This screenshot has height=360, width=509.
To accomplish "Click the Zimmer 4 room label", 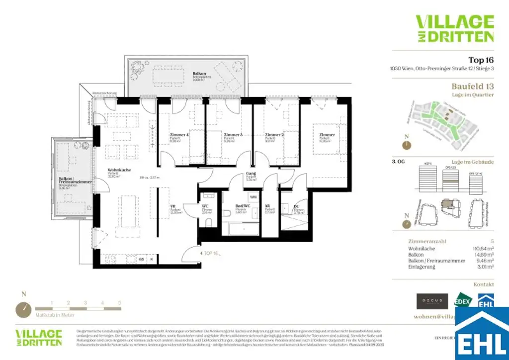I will point(178,135).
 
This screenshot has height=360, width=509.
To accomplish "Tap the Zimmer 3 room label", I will point(233,135).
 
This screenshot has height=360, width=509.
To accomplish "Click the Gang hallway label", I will point(251,174).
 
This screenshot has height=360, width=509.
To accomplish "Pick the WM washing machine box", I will point(253,197).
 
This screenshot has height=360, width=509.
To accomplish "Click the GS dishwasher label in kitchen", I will point(141,260).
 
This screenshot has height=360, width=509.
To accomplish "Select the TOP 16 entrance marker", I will point(211,253).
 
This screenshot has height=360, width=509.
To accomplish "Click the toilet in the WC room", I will point(208,222).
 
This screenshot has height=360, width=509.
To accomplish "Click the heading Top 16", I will point(481,60).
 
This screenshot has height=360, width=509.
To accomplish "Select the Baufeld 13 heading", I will point(473,87).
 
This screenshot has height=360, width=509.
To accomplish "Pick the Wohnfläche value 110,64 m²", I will point(483,248).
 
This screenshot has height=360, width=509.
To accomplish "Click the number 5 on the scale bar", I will point(119,302).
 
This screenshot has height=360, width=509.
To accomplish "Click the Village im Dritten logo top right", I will point(454,28).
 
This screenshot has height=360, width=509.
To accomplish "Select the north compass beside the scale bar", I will point(23,309).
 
